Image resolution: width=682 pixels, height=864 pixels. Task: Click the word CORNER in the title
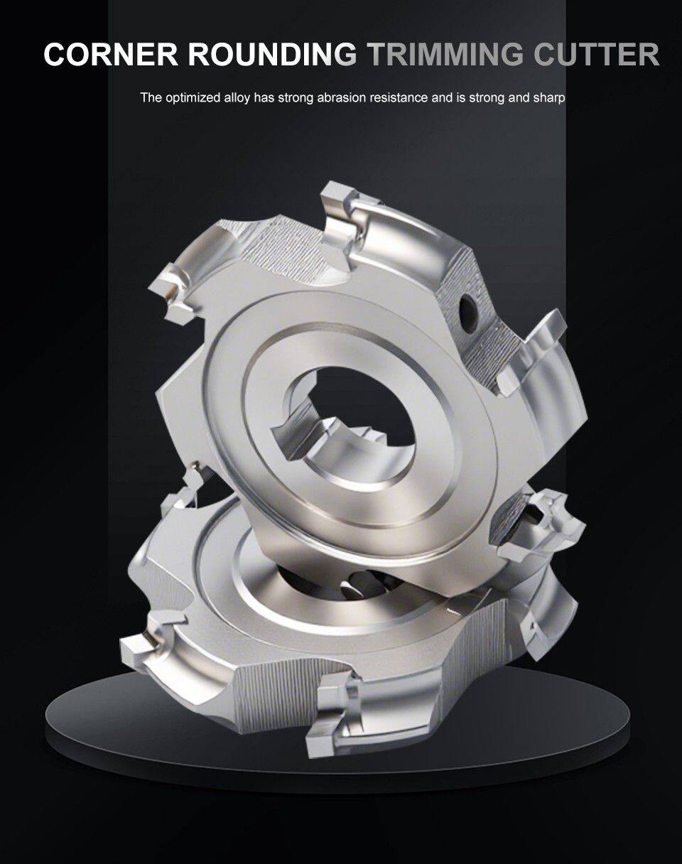[111, 54]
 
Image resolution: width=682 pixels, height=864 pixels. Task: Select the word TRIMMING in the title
[445, 54]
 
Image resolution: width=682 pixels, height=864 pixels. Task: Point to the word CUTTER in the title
[597, 54]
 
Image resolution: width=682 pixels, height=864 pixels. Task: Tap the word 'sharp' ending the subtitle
[549, 98]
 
